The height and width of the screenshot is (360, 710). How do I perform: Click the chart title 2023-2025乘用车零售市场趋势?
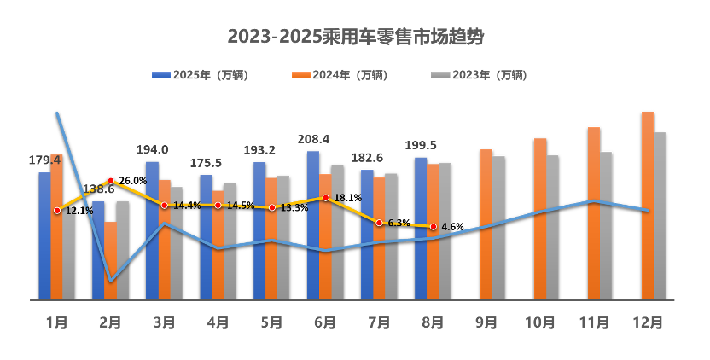coord(356,37)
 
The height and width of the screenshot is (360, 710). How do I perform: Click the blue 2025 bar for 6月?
coord(313,226)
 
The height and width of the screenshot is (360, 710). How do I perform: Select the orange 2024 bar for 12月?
coord(648,206)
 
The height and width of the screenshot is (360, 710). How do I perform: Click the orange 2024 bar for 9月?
coord(486,224)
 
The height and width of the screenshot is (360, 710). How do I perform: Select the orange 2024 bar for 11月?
coord(594,213)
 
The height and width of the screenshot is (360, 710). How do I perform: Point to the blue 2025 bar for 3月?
coord(152,230)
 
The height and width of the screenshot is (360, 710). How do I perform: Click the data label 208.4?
coord(313,139)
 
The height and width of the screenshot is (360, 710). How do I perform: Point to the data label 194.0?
coord(152,149)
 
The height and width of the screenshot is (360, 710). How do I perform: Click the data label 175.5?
coord(206,163)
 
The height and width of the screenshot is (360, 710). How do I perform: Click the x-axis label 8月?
coord(433,323)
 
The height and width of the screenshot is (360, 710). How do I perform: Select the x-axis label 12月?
coord(648,323)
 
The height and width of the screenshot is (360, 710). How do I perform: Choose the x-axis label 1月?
coord(56,323)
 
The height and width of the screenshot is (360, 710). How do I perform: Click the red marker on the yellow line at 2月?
coord(111,180)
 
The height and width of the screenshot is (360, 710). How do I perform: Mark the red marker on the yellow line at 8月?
coord(434,226)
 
